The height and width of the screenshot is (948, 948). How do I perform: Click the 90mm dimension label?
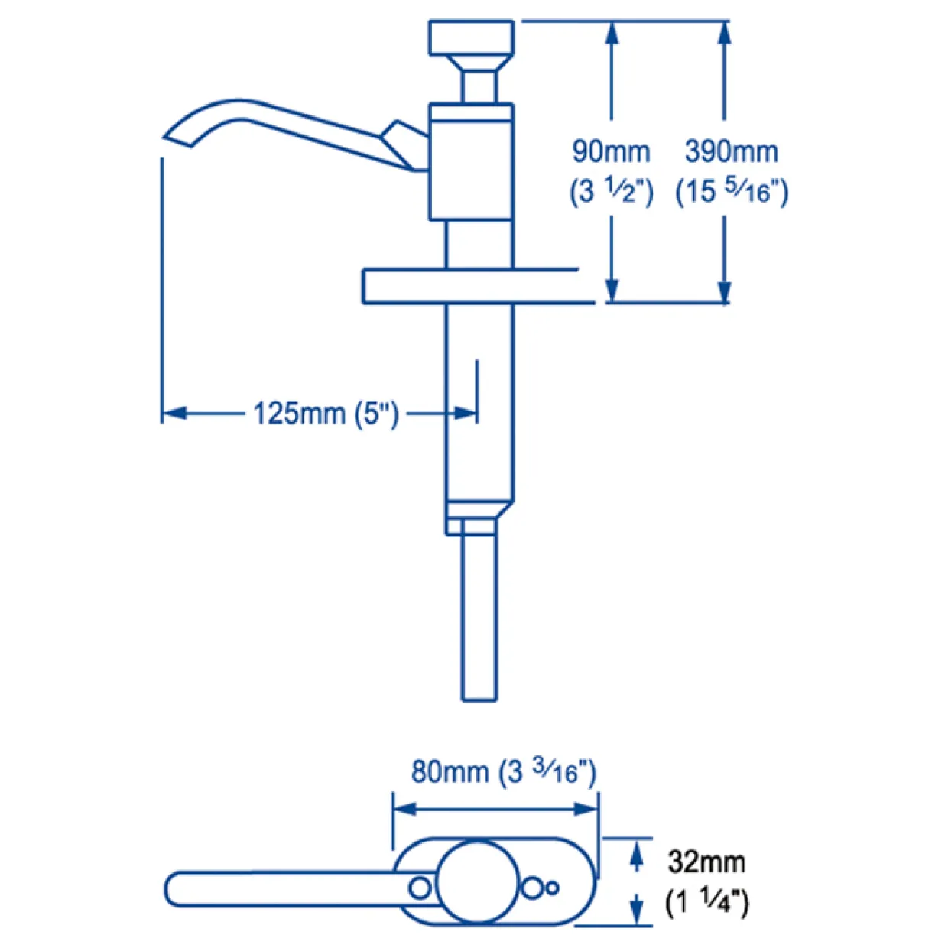tap(611, 151)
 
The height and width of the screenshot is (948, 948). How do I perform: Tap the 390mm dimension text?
tap(732, 151)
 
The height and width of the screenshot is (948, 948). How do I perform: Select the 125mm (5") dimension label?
tap(326, 414)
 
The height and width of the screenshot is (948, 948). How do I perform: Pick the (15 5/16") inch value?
tap(732, 192)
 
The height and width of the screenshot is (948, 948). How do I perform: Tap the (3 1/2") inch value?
tap(612, 192)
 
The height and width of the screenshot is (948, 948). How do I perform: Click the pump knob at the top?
tap(471, 37)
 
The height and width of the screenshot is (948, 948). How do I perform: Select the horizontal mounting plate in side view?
tap(478, 287)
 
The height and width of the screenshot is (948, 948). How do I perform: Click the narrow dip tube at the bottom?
tap(479, 617)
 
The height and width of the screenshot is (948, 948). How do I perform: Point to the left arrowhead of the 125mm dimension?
tap(174, 414)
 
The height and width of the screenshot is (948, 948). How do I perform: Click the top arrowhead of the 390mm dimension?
tap(724, 34)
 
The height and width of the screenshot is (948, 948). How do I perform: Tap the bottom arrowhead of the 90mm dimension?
tap(612, 291)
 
